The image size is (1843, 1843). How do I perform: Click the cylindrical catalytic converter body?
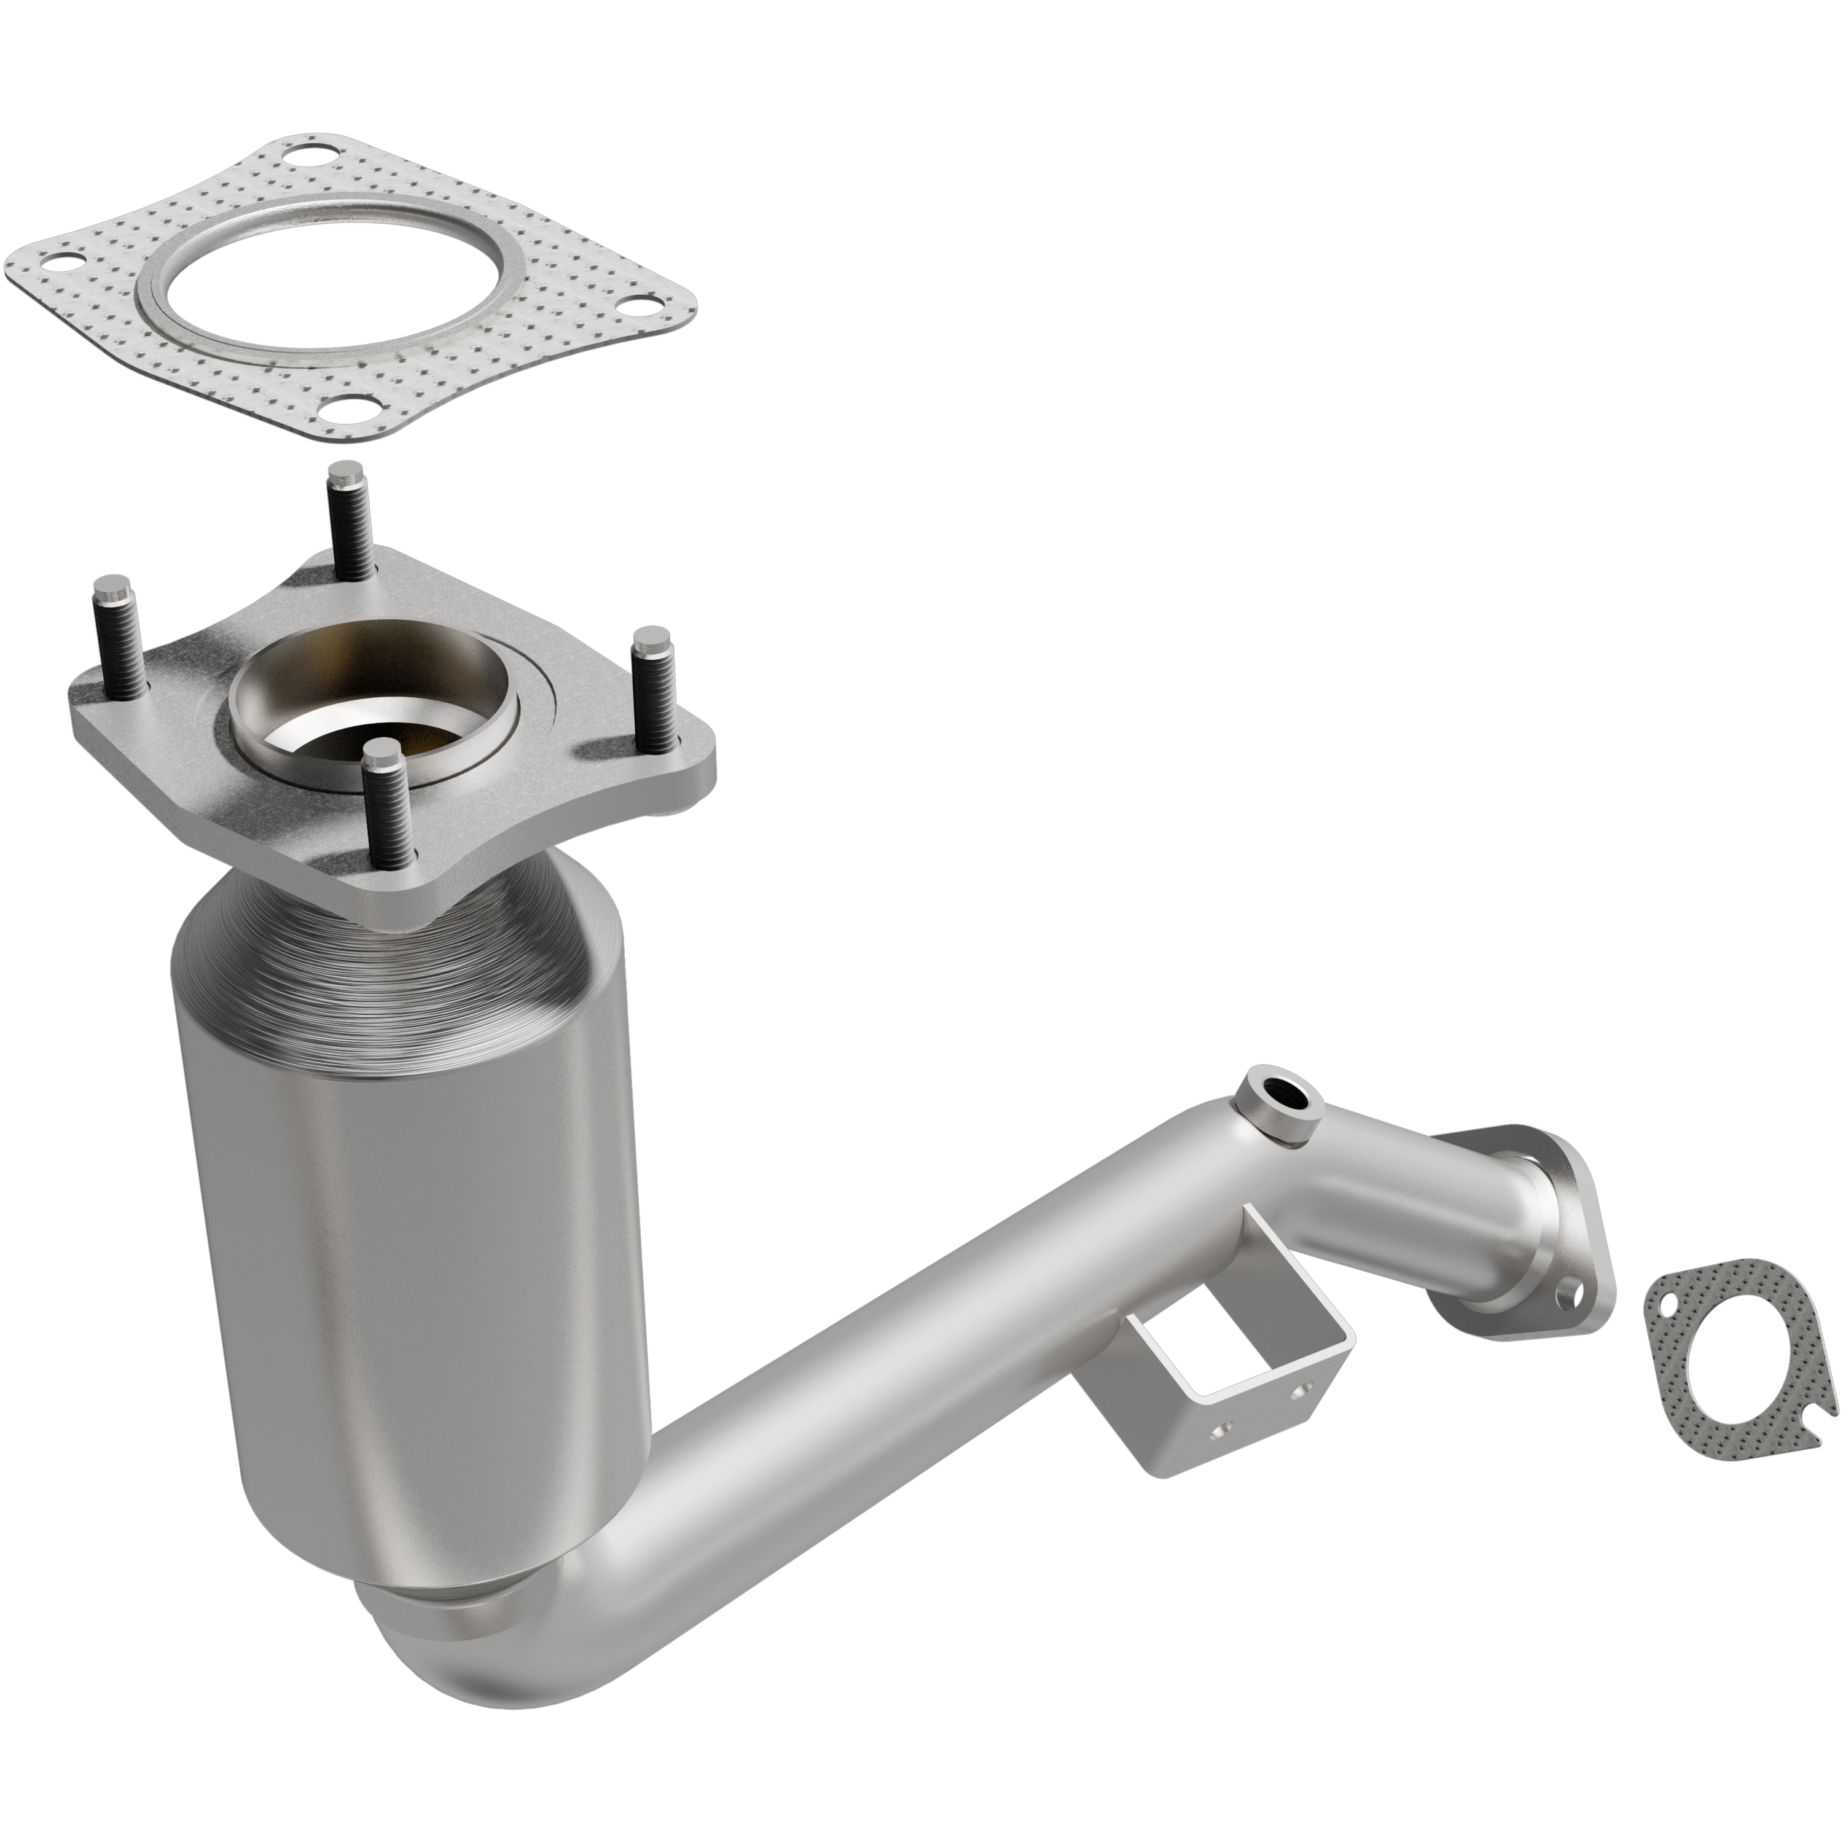(410, 1192)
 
